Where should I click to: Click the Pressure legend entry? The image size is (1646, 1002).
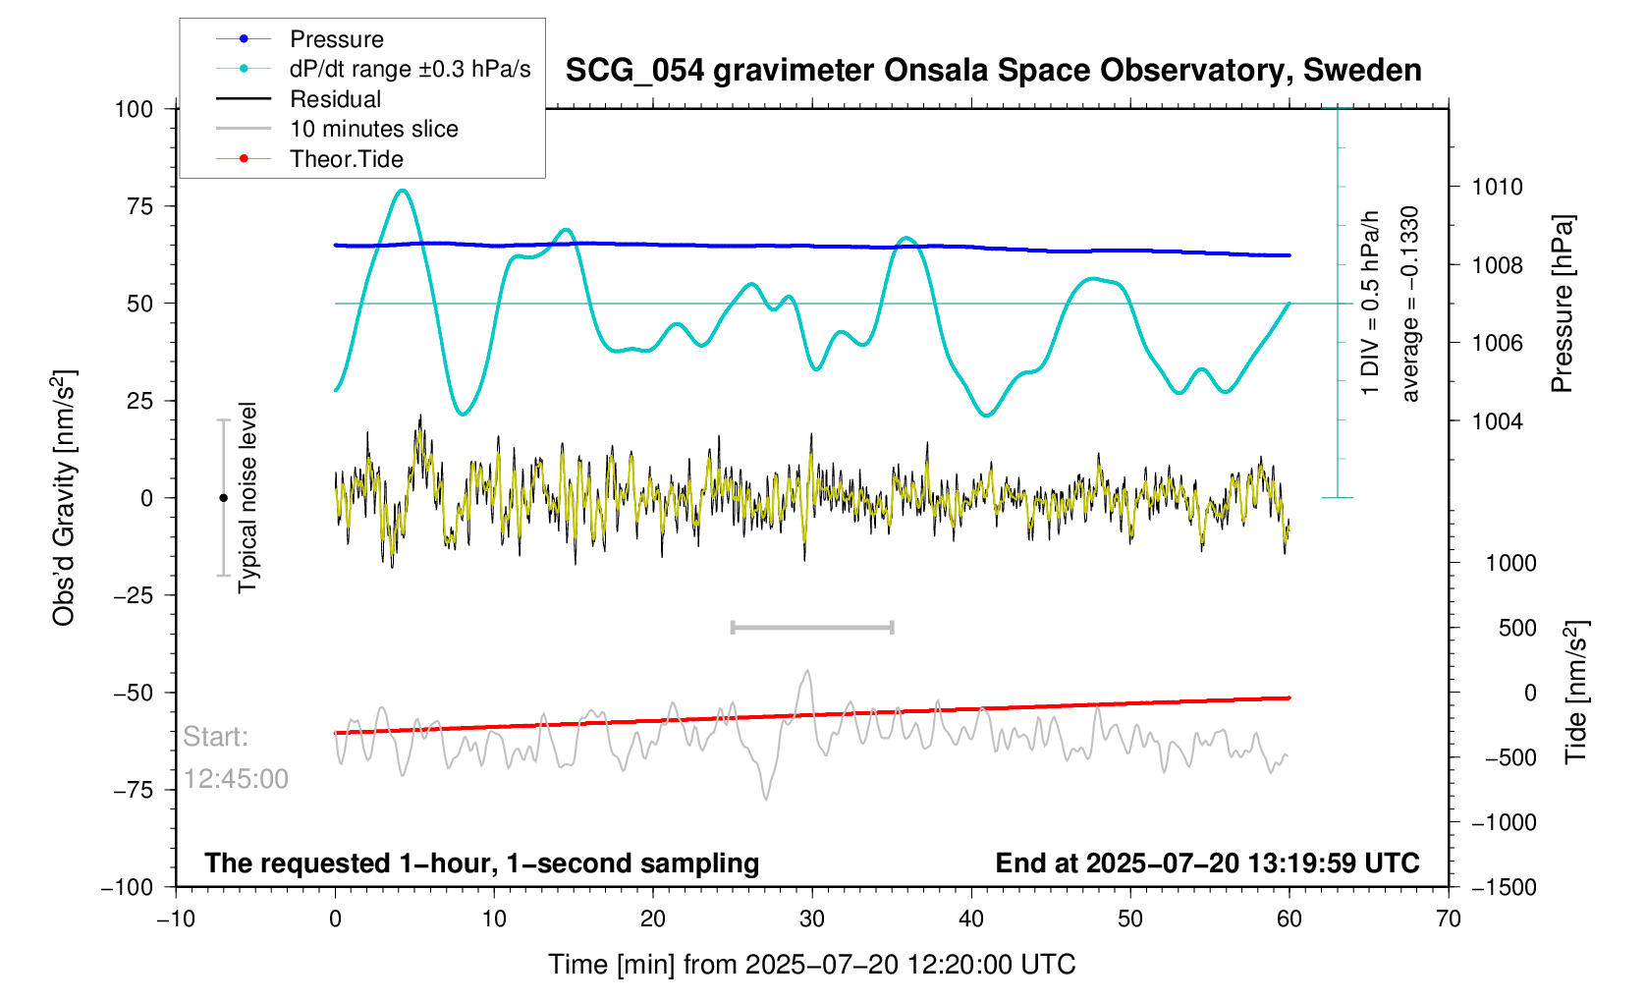click(336, 39)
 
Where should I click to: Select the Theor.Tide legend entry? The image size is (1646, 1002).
click(346, 159)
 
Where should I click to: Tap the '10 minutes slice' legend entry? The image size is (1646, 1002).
click(373, 129)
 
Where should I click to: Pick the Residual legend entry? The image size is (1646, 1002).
click(335, 99)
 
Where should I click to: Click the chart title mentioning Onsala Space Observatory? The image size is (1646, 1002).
click(993, 71)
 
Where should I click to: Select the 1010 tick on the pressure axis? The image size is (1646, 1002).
click(1497, 187)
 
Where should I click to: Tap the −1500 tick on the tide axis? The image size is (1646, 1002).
click(1503, 887)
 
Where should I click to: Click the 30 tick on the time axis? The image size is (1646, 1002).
click(812, 919)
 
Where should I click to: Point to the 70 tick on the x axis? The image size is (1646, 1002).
click(1448, 919)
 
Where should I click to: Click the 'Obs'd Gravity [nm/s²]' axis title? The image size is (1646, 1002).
click(65, 497)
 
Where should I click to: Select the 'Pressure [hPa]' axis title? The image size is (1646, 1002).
click(1563, 304)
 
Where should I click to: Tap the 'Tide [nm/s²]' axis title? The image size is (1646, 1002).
click(1576, 692)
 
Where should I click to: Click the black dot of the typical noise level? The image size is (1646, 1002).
click(223, 498)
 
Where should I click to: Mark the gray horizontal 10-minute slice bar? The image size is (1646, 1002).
click(812, 627)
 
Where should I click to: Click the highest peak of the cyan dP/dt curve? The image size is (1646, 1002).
click(403, 191)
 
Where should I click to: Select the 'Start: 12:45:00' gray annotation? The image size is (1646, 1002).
click(236, 757)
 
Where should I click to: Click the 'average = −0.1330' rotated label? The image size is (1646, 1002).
click(1410, 304)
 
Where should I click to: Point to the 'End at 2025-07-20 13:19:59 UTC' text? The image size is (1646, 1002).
click(1207, 863)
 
